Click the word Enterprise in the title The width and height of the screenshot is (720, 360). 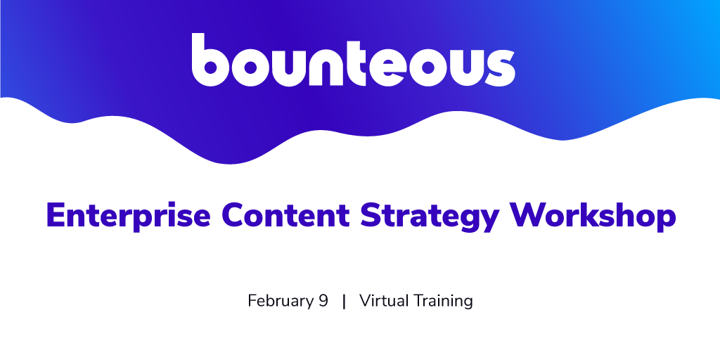tap(128, 215)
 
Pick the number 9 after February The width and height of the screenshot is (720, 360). tap(323, 302)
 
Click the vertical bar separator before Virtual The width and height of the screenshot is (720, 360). tap(344, 302)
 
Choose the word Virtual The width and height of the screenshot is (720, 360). tap(384, 301)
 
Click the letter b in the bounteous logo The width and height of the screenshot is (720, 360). tap(210, 60)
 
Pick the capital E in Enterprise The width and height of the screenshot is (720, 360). tap(56, 215)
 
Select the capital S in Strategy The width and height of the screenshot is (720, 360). tap(371, 215)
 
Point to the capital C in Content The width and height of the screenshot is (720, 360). tap(234, 215)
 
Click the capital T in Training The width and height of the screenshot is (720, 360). tap(418, 302)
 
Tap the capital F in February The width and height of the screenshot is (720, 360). tap(252, 302)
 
